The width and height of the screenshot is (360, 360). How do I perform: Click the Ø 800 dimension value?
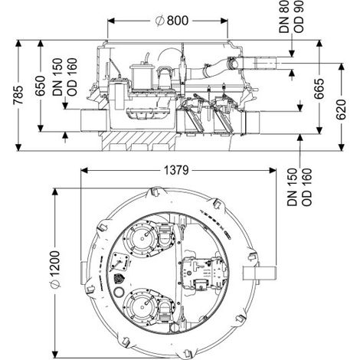tap(172, 21)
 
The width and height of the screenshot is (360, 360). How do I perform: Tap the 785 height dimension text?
tap(18, 95)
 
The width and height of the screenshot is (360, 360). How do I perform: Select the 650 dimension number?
tap(41, 86)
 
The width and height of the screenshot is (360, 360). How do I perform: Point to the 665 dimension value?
tap(319, 89)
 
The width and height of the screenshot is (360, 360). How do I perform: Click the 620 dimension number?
tap(341, 110)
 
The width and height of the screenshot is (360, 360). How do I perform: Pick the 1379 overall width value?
tap(176, 170)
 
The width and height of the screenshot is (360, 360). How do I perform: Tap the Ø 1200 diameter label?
tap(55, 270)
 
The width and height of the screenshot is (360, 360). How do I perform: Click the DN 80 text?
tap(284, 17)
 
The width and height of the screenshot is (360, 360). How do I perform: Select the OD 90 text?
tap(299, 17)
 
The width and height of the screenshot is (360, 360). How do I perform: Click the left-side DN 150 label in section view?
tap(57, 77)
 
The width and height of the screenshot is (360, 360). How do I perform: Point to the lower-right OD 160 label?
tap(306, 187)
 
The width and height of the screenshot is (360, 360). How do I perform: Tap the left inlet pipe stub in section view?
tap(93, 120)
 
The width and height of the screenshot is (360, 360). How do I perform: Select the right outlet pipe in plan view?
tap(260, 273)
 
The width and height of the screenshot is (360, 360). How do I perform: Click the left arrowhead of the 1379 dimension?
tap(84, 170)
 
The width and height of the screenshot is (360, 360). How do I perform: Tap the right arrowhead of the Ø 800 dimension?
tap(224, 21)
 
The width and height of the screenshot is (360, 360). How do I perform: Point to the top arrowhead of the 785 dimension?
tap(18, 44)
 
